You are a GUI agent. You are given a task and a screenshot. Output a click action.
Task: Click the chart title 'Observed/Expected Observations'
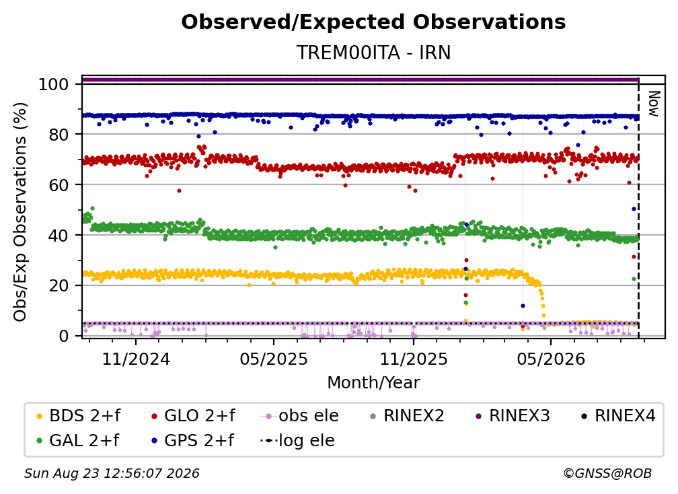click(373, 22)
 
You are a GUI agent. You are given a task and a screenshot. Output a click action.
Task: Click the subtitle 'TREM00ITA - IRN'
click(373, 52)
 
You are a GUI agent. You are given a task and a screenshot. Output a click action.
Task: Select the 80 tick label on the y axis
click(59, 135)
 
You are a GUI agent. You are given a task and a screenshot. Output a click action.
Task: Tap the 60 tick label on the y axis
click(59, 184)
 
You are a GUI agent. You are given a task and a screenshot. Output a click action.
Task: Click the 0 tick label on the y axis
click(64, 336)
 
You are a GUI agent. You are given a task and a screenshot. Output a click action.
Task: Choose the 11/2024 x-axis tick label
click(136, 359)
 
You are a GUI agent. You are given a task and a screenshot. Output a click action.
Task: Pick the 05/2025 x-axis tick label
click(274, 359)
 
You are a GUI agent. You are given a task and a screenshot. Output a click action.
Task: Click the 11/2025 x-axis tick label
click(414, 359)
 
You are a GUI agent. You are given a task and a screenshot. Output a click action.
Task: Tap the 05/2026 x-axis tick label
click(551, 359)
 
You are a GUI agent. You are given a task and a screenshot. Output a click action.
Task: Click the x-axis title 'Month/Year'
click(373, 382)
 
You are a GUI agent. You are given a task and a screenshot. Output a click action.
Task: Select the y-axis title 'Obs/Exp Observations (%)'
click(20, 212)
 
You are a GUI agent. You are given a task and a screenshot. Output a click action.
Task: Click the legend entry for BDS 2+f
click(78, 416)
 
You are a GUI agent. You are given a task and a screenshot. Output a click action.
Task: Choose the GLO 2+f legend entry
click(193, 416)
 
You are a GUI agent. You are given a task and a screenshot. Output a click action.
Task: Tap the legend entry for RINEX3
click(513, 416)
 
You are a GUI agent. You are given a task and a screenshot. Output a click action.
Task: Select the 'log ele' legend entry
click(297, 440)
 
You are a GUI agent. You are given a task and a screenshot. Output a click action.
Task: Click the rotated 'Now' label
click(654, 104)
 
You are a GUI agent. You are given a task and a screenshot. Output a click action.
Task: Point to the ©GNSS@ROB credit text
click(607, 474)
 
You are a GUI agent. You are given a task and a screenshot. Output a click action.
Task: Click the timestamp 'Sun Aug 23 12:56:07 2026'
click(112, 474)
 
